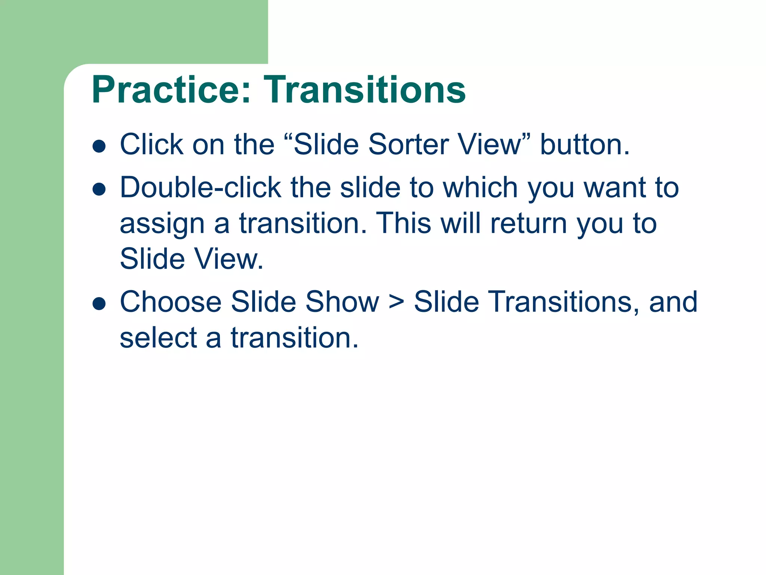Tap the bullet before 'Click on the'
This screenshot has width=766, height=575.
coord(99,146)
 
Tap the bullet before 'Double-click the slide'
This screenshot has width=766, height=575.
coord(99,189)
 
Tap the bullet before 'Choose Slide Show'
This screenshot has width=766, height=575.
coord(99,304)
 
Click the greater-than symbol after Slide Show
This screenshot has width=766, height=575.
coord(396,302)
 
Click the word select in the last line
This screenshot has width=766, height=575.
coord(158,338)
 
